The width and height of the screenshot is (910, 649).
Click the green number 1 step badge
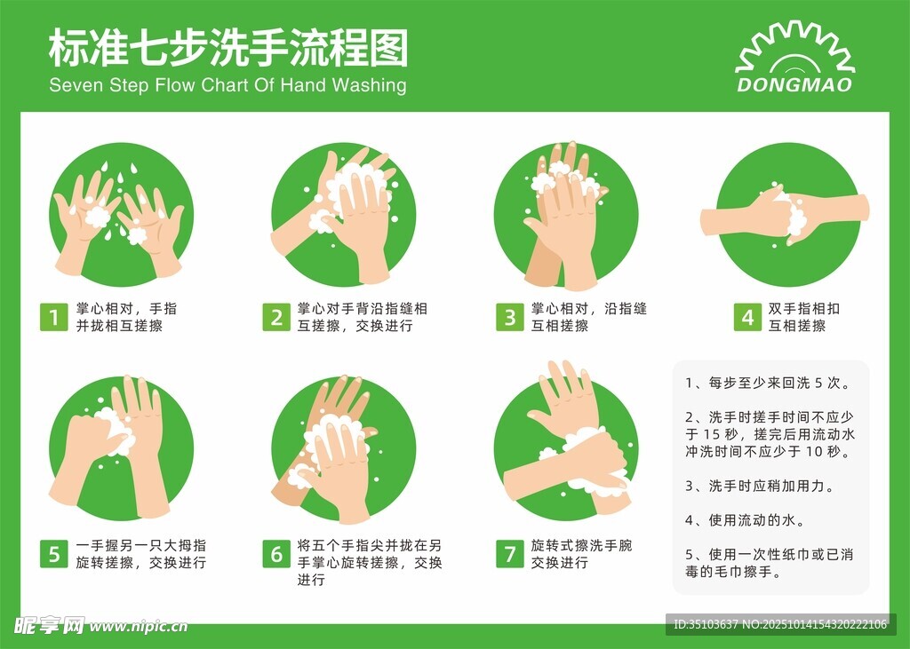[54, 317]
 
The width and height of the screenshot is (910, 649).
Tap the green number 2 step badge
[276, 317]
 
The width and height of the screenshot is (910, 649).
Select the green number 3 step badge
[510, 317]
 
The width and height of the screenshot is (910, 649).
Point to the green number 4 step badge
[747, 317]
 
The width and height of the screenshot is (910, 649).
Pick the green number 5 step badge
[54, 554]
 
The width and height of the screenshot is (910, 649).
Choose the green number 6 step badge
[276, 554]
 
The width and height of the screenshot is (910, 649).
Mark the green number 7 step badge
[510, 554]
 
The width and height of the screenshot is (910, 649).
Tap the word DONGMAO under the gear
[794, 85]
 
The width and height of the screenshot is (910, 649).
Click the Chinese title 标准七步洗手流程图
[228, 48]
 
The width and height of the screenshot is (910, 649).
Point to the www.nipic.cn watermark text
[139, 627]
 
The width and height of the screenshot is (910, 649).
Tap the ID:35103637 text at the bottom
[706, 624]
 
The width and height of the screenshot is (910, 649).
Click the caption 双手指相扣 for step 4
[803, 309]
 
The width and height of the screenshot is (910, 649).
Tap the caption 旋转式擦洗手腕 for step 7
[581, 545]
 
